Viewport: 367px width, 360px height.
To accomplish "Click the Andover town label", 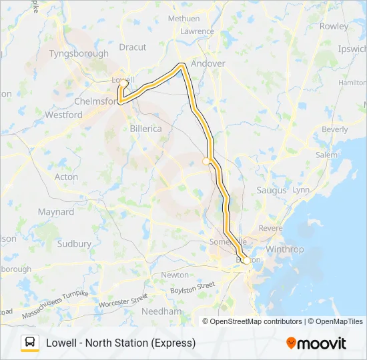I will (208, 63).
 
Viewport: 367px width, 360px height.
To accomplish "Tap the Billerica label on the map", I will (146, 129).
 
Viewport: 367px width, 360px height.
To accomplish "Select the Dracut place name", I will (132, 47).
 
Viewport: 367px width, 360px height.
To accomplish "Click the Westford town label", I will (63, 115).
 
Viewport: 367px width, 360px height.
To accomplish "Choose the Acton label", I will (66, 177).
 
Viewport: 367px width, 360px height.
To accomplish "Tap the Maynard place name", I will (56, 212).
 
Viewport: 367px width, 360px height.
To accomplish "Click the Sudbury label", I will (74, 244).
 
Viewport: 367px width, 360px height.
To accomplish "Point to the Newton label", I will (175, 275).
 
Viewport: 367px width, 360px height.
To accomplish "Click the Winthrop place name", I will (285, 249).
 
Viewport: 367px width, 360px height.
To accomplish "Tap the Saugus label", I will (272, 190).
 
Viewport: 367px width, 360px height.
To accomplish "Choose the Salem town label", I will (327, 155).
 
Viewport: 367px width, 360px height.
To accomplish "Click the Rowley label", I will (334, 27).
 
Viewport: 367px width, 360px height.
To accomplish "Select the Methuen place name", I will (183, 19).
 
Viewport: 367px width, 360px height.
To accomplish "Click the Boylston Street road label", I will (193, 289).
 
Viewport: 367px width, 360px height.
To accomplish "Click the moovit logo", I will (316, 343).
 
